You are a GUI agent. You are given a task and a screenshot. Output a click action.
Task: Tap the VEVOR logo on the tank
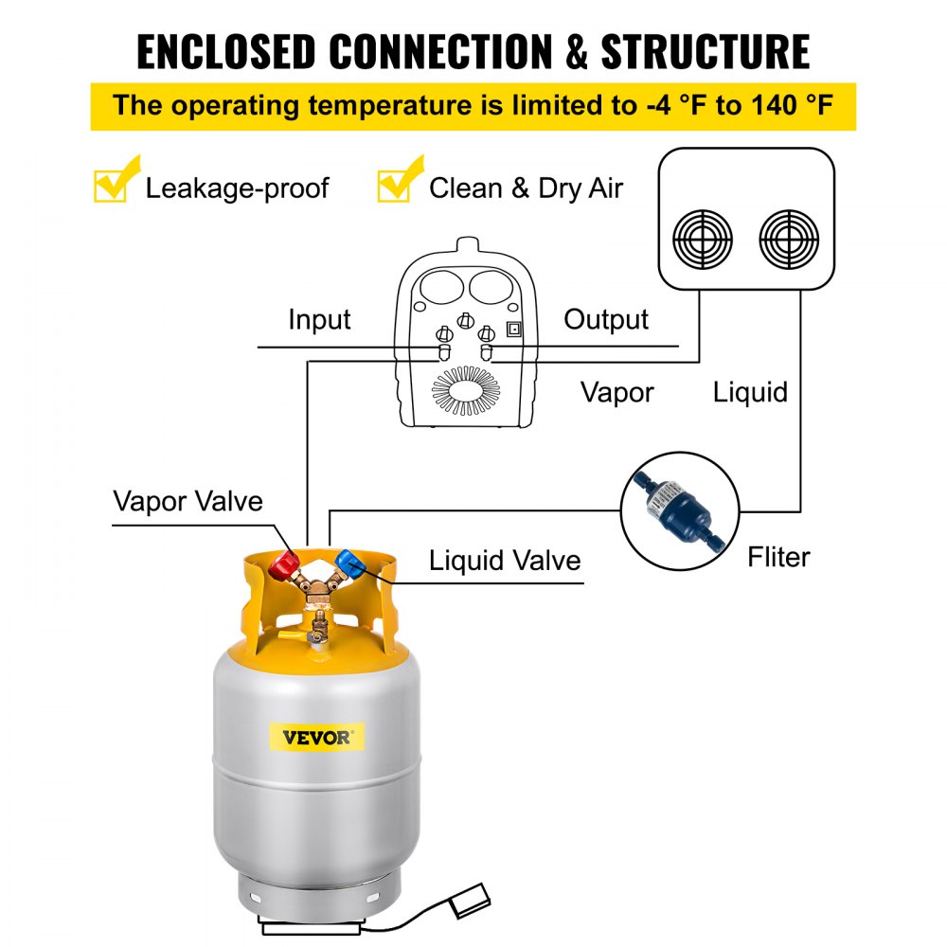pos(316,736)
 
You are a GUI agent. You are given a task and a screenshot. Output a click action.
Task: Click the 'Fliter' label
pos(778,557)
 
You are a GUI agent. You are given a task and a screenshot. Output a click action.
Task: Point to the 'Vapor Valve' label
pos(188,500)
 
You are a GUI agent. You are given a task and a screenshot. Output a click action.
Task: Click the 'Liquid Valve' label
pos(504,560)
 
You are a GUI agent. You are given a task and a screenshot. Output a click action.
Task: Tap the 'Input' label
pos(319,320)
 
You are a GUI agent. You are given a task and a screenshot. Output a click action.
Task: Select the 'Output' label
pos(606,320)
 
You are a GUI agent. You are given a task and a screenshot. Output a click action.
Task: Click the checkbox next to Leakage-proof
pos(112,185)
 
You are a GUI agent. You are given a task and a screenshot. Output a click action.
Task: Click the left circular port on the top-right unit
pos(703,239)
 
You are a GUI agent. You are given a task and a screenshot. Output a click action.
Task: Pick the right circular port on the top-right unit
pos(789,239)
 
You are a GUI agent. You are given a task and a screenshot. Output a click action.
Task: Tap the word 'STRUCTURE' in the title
pos(706,52)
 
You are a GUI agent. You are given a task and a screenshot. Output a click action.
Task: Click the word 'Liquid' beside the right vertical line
pos(750,391)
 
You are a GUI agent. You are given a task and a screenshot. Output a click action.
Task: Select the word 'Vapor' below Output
pos(616,391)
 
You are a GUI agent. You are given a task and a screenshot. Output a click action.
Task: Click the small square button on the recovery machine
pos(514,330)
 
